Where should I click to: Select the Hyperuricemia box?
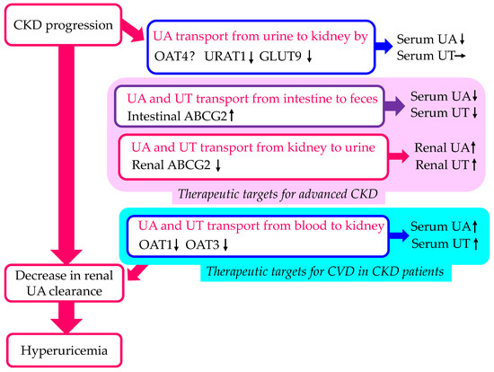point(62,347)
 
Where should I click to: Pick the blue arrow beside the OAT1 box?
point(393,235)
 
